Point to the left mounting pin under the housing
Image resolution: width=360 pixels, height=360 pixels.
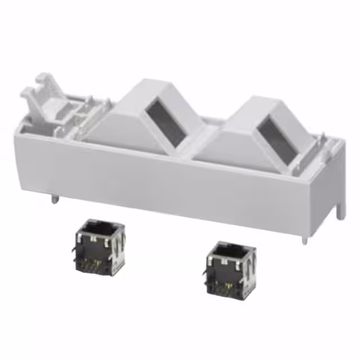[x=53, y=197]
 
